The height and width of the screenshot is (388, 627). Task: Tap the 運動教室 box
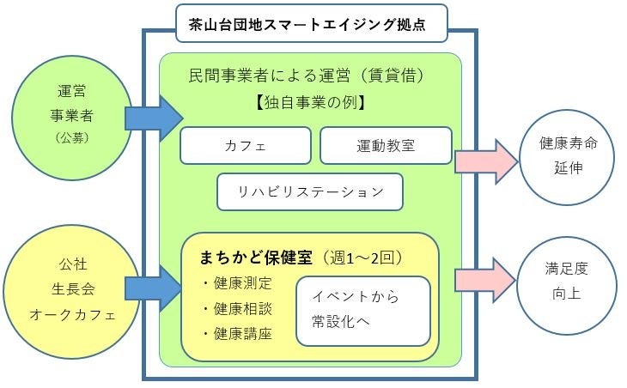click(x=386, y=145)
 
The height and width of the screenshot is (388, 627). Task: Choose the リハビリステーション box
click(x=310, y=191)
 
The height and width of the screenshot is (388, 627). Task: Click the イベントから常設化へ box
click(x=362, y=310)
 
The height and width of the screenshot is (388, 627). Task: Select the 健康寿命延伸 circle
click(x=568, y=155)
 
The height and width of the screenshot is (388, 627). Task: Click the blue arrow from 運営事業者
click(x=154, y=118)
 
